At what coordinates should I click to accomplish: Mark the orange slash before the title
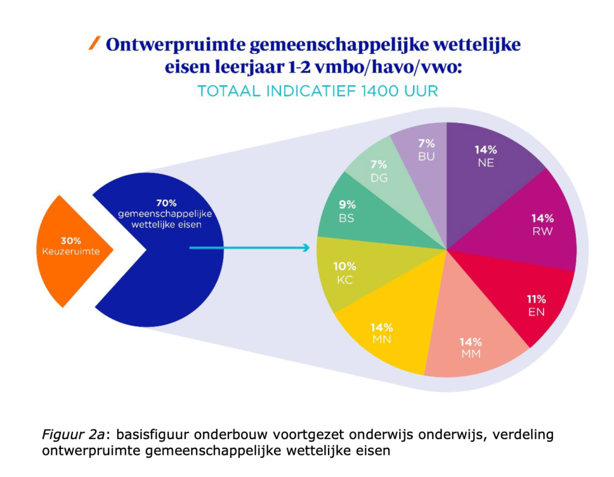pos(94,43)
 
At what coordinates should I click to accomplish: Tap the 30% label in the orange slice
pos(71,240)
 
